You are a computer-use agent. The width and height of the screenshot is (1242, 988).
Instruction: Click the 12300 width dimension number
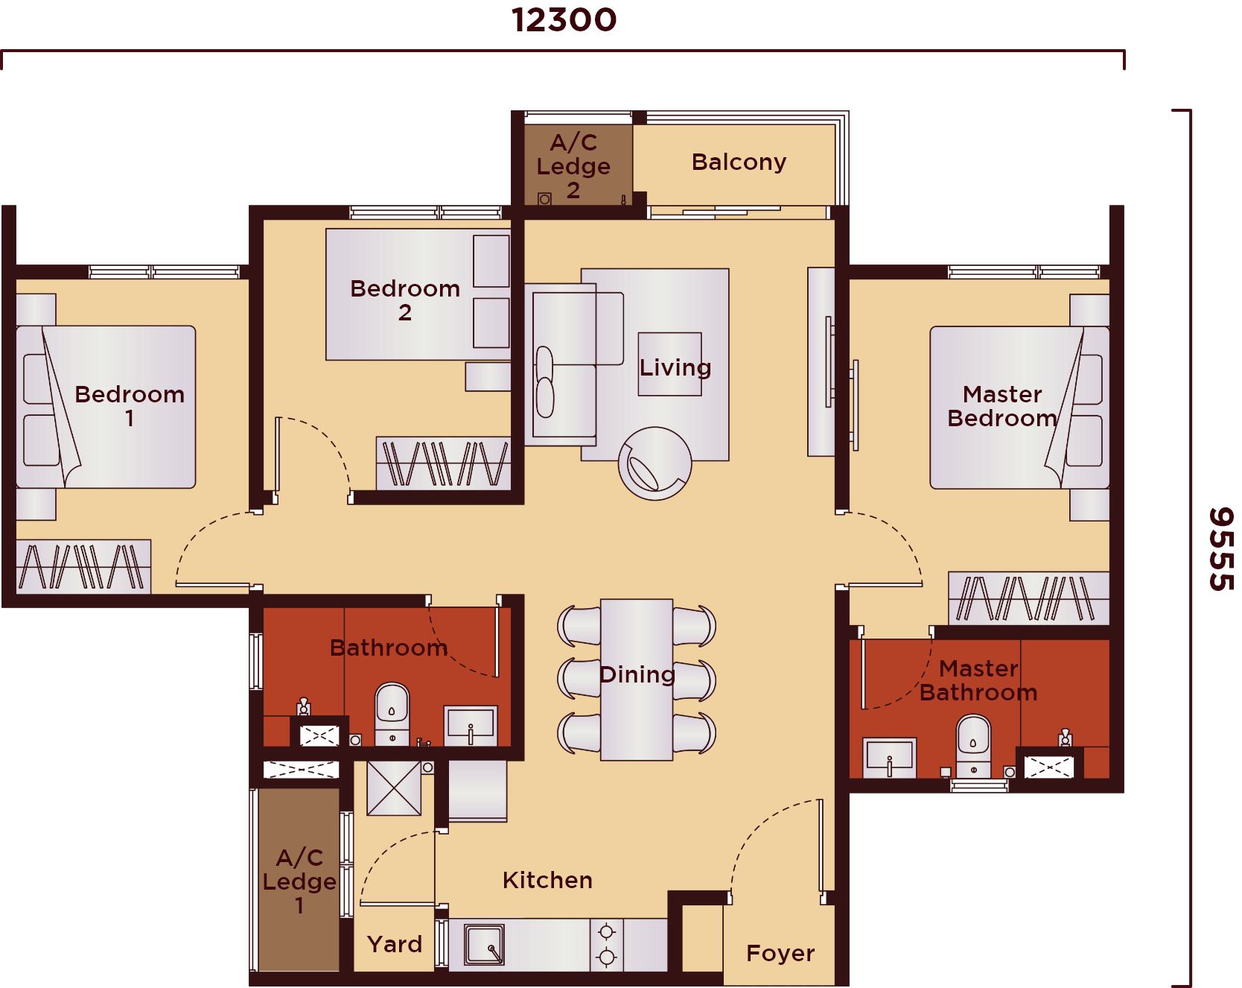[x=564, y=20]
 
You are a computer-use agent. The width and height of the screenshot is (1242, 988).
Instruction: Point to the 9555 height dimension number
[x=1221, y=549]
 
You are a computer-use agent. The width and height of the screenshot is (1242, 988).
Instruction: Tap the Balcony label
[x=739, y=162]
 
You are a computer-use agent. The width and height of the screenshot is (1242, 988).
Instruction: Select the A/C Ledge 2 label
[x=573, y=165]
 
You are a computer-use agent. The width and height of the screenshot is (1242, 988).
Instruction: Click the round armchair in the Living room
[x=655, y=463]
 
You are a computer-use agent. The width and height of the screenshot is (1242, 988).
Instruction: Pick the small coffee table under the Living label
[x=670, y=364]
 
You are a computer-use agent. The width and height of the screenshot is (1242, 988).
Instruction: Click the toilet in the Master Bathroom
[x=973, y=746]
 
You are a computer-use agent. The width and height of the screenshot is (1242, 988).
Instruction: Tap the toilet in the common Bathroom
[x=392, y=714]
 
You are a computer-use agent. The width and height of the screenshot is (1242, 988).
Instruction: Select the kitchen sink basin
[x=484, y=944]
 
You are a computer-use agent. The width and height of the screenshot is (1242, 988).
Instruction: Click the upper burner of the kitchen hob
[x=607, y=931]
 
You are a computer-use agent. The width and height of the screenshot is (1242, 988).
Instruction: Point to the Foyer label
[x=780, y=953]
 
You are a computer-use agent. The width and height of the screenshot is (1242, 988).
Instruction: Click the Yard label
[x=395, y=944]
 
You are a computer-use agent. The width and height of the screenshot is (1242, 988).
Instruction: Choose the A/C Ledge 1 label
[x=299, y=881]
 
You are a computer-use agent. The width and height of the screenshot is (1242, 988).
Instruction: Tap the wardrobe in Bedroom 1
[x=83, y=566]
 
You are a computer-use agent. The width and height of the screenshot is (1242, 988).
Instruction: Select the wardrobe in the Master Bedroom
[x=1028, y=598]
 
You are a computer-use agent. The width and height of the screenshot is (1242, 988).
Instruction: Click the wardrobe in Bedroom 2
[x=444, y=463]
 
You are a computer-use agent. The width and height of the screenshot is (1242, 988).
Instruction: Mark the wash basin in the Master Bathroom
[x=890, y=758]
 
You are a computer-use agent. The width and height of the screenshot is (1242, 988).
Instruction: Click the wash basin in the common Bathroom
[x=471, y=726]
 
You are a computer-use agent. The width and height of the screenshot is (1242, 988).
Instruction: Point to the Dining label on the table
[x=637, y=674]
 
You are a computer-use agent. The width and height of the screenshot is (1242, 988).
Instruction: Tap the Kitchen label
[x=547, y=880]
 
